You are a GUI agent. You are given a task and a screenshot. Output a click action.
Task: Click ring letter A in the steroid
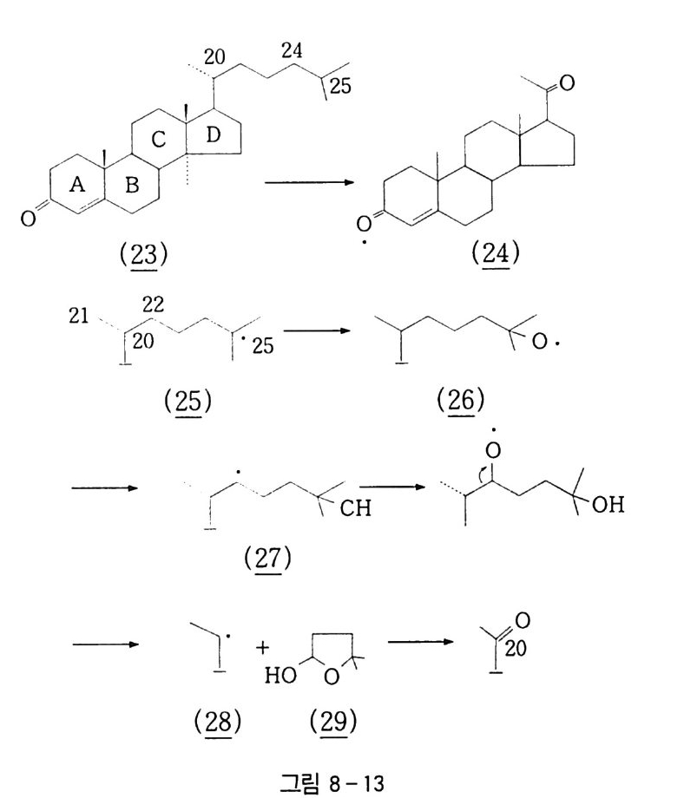click(76, 185)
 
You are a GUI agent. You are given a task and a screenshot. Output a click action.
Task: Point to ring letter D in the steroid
click(214, 136)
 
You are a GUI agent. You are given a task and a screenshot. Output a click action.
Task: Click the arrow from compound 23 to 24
click(311, 182)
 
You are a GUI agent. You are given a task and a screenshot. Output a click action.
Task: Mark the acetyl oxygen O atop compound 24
click(567, 83)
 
